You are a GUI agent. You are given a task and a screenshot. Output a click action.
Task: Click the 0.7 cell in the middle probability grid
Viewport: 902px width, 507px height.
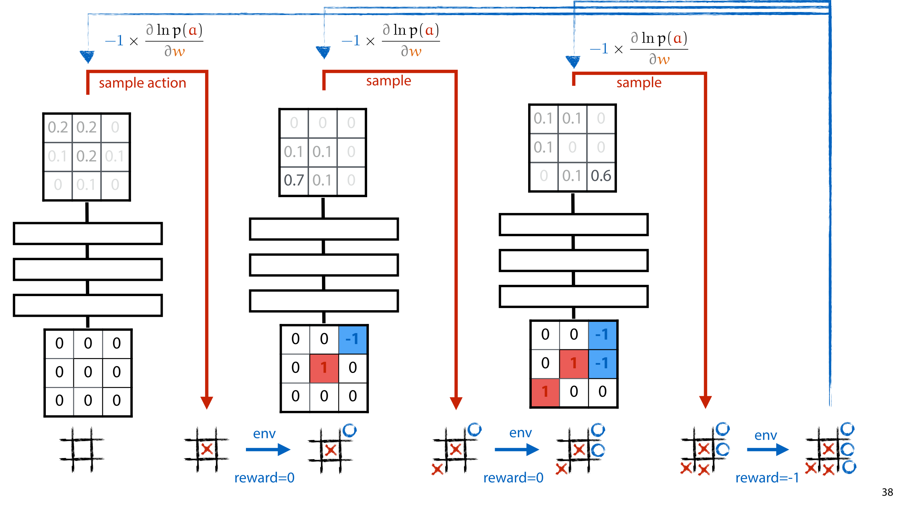click(x=294, y=181)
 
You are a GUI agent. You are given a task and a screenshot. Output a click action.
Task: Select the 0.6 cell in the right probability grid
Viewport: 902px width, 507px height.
click(x=601, y=176)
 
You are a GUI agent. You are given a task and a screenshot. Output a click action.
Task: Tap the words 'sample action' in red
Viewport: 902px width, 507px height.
click(x=142, y=83)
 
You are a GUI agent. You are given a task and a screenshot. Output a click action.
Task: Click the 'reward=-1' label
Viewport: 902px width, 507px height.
click(x=767, y=478)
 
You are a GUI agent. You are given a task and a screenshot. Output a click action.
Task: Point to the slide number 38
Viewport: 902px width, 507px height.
click(x=887, y=492)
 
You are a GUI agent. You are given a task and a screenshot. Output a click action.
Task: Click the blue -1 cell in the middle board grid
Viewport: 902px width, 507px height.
click(x=352, y=339)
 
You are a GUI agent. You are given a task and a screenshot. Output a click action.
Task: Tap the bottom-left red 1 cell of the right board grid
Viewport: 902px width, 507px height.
click(x=545, y=392)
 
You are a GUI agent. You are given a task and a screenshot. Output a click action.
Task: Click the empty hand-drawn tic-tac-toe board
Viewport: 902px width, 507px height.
click(x=82, y=450)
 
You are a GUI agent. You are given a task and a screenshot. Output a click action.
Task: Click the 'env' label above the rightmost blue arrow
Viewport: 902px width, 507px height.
click(x=765, y=436)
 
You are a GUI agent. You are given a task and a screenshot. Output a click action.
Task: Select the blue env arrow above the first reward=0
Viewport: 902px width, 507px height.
click(x=268, y=449)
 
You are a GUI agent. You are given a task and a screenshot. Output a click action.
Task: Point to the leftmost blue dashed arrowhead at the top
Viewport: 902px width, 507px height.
click(x=87, y=56)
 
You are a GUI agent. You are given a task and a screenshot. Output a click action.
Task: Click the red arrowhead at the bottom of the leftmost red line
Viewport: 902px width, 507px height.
click(x=206, y=402)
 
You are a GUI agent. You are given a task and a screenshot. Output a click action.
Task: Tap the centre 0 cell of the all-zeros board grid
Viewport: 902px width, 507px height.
click(x=88, y=372)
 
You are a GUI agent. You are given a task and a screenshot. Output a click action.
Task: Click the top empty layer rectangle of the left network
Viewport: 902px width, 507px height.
click(x=88, y=233)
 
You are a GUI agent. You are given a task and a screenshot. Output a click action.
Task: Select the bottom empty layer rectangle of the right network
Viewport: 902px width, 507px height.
click(x=574, y=297)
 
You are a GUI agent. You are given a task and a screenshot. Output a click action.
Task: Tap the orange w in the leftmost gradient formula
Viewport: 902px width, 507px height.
click(x=179, y=52)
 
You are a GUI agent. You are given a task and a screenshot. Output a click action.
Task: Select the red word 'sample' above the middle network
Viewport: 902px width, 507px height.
click(x=388, y=81)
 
